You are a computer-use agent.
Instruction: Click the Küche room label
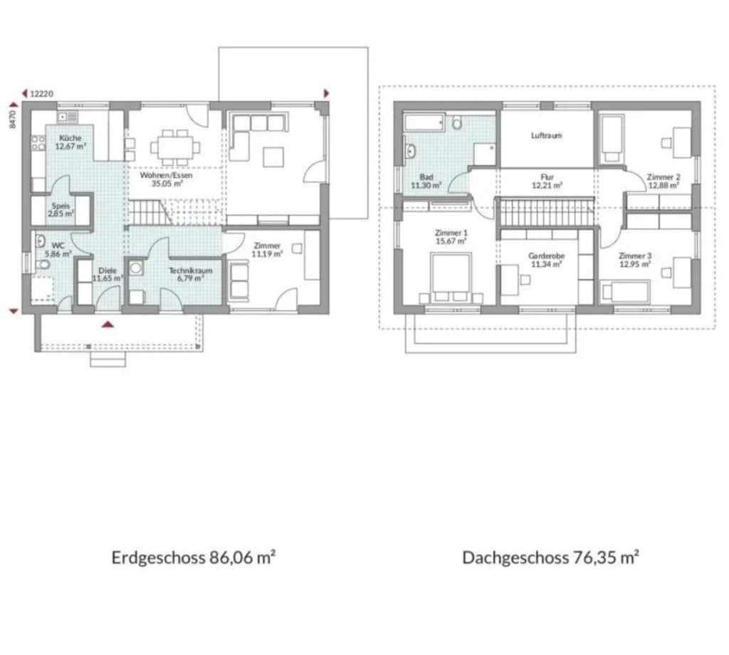[70, 138]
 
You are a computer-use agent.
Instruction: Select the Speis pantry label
[61, 206]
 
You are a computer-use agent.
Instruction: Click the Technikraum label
[186, 270]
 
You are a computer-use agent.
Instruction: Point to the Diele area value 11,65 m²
[107, 278]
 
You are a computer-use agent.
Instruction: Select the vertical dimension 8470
[13, 118]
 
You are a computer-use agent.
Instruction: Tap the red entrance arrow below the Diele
[107, 325]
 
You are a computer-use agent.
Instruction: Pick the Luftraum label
[546, 135]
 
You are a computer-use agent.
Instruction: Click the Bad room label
[426, 177]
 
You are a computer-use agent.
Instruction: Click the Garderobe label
[546, 255]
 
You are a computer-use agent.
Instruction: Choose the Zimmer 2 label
[664, 177]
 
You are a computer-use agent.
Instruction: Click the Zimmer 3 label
[635, 255]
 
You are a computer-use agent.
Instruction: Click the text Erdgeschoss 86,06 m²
[193, 557]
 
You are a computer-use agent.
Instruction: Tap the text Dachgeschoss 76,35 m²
[550, 557]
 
